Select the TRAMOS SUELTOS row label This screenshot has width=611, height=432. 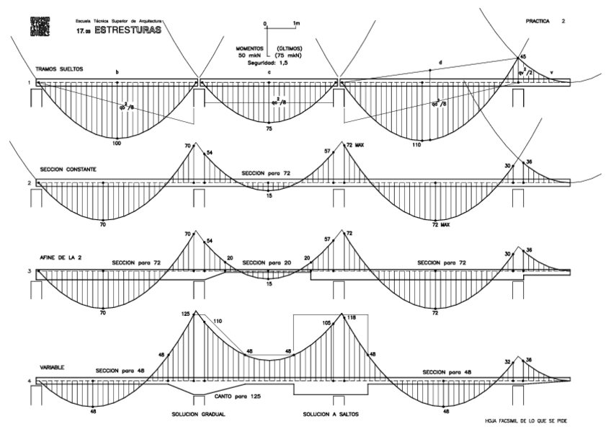click(60, 69)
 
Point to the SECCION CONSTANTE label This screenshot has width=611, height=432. click(68, 169)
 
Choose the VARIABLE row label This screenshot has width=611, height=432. click(53, 367)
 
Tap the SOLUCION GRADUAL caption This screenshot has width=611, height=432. click(199, 415)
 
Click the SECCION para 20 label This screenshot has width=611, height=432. click(264, 263)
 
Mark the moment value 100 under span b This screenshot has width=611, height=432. click(117, 143)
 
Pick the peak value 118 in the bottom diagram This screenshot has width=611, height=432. click(352, 317)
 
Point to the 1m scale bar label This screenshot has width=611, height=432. click(297, 24)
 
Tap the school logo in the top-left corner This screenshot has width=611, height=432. click(40, 27)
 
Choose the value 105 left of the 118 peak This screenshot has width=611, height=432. click(326, 323)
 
